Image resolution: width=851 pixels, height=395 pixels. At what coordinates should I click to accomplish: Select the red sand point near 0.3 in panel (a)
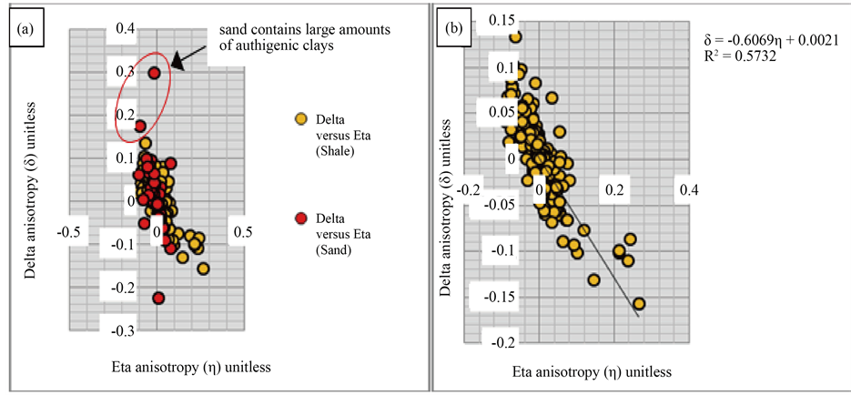pyautogui.click(x=155, y=73)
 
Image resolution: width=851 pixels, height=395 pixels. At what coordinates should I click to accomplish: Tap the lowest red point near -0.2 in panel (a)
pyautogui.click(x=158, y=298)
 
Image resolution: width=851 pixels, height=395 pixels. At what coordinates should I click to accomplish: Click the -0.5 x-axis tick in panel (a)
pyautogui.click(x=71, y=232)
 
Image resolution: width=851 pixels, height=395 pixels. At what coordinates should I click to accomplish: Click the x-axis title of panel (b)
pyautogui.click(x=593, y=372)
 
